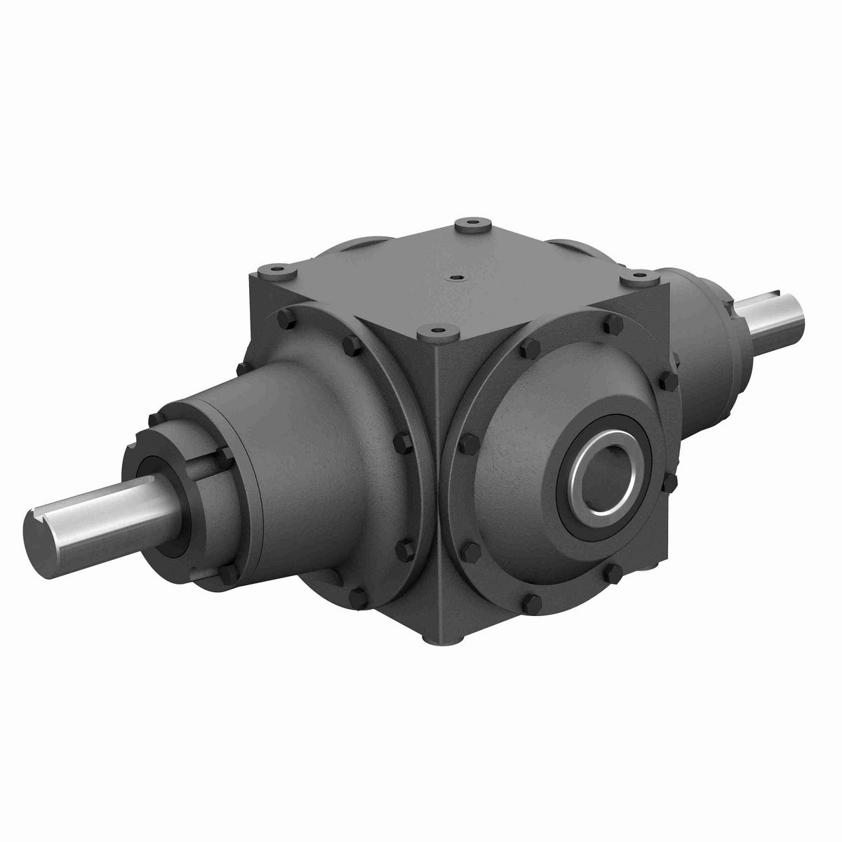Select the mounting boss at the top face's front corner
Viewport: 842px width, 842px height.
435,329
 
